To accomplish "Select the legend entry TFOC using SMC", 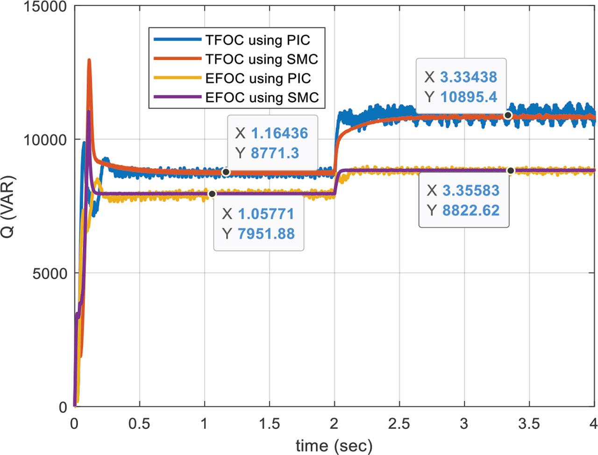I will pos(262,59).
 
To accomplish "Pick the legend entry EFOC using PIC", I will pos(258,78).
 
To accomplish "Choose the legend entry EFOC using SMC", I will pos(262,97).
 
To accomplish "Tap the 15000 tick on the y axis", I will pos(45,6).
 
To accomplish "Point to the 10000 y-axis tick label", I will pos(45,140).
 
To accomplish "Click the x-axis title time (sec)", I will pos(334,445).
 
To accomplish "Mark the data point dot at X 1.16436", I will pos(226,172).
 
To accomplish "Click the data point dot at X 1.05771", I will pos(212,194).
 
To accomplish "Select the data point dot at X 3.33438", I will pos(508,115).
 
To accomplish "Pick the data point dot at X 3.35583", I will pos(511,171).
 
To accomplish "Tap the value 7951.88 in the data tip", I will pos(266,233).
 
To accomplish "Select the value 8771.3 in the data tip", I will pos(275,153).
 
